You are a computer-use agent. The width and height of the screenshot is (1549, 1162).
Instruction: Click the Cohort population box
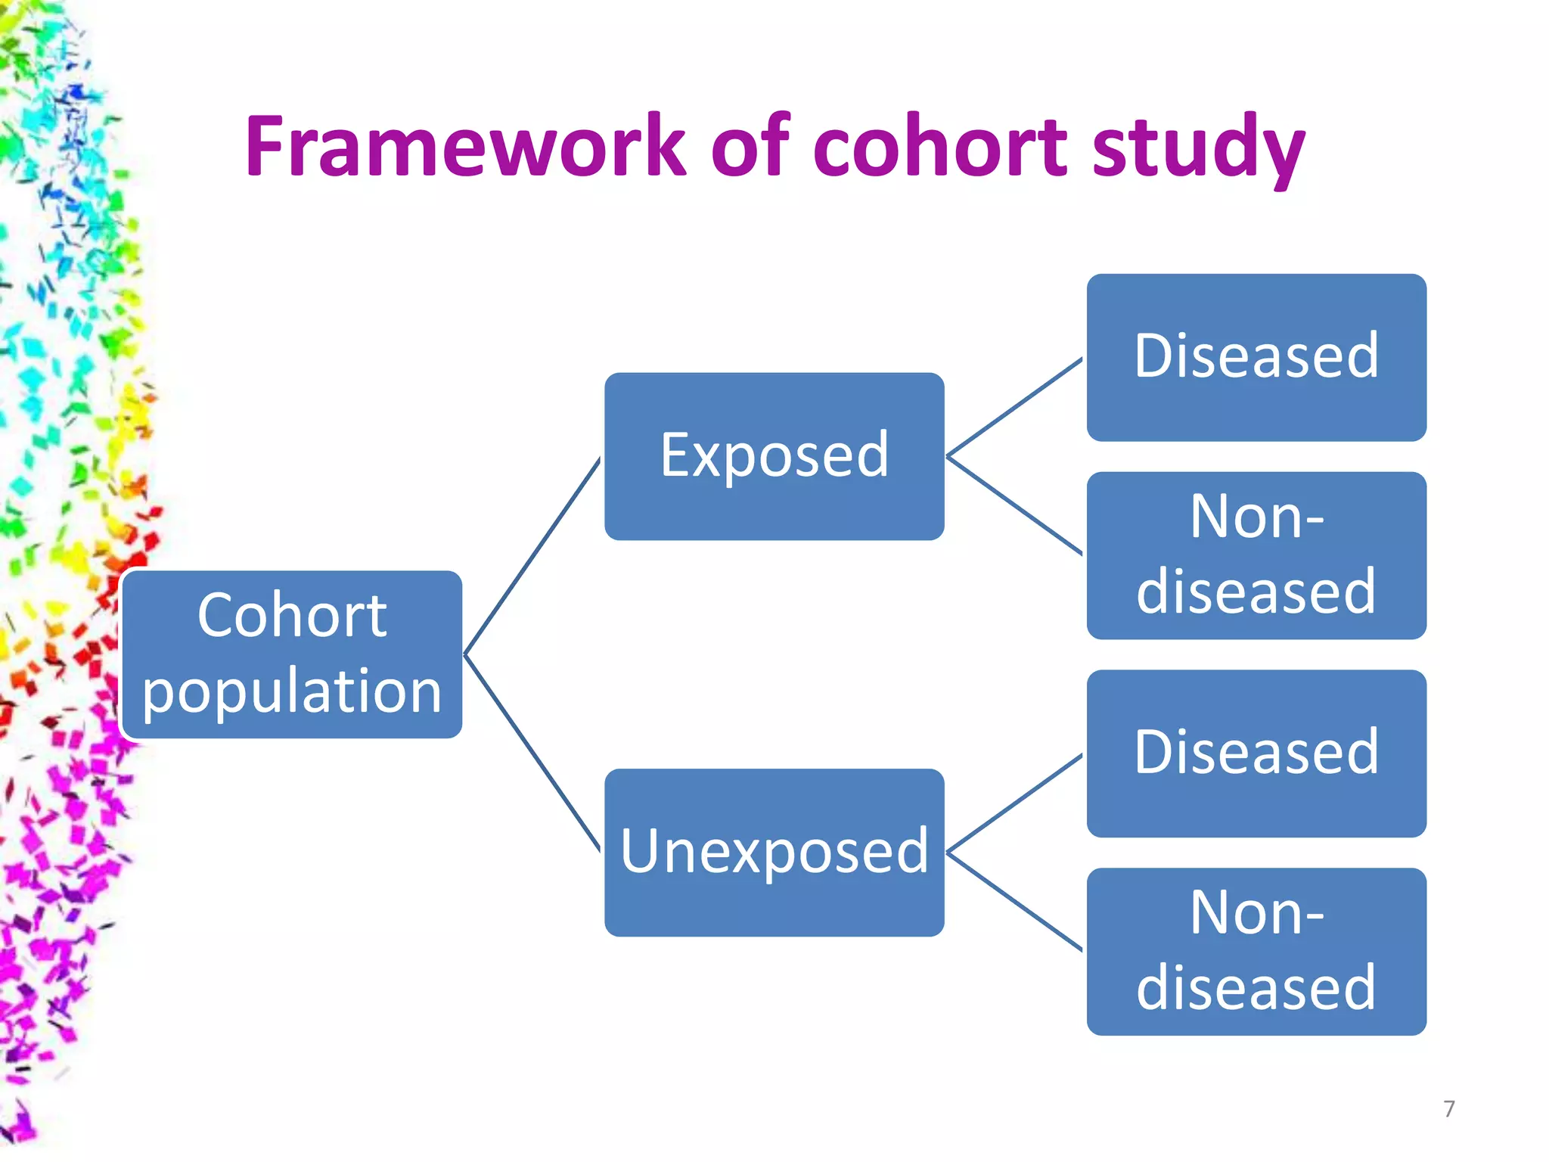292,654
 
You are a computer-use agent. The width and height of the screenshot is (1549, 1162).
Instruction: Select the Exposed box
774,456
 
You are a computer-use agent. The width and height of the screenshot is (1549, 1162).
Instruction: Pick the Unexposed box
774,853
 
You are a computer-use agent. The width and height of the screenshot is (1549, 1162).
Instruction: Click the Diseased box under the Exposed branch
1256,357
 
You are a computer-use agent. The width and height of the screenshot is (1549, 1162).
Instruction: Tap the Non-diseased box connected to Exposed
1256,555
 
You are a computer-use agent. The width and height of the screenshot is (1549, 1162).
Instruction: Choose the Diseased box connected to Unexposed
1256,753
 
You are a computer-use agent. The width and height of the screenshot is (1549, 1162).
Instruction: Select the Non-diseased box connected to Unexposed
1256,952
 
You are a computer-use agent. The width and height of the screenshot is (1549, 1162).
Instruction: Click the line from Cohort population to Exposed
532,557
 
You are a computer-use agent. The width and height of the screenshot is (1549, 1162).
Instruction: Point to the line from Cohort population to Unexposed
532,753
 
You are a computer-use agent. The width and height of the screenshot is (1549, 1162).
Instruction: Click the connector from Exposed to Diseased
1014,408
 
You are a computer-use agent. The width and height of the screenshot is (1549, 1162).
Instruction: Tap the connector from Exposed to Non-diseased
1014,505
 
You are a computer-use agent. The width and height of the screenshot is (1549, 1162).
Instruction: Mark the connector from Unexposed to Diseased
1014,803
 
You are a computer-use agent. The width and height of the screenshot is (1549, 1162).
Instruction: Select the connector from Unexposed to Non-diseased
1014,901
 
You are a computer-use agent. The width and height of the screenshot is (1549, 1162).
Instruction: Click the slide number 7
1448,1109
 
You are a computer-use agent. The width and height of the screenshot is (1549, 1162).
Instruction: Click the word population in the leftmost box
292,691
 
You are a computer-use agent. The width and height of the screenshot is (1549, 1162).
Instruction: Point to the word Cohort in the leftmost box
292,616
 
